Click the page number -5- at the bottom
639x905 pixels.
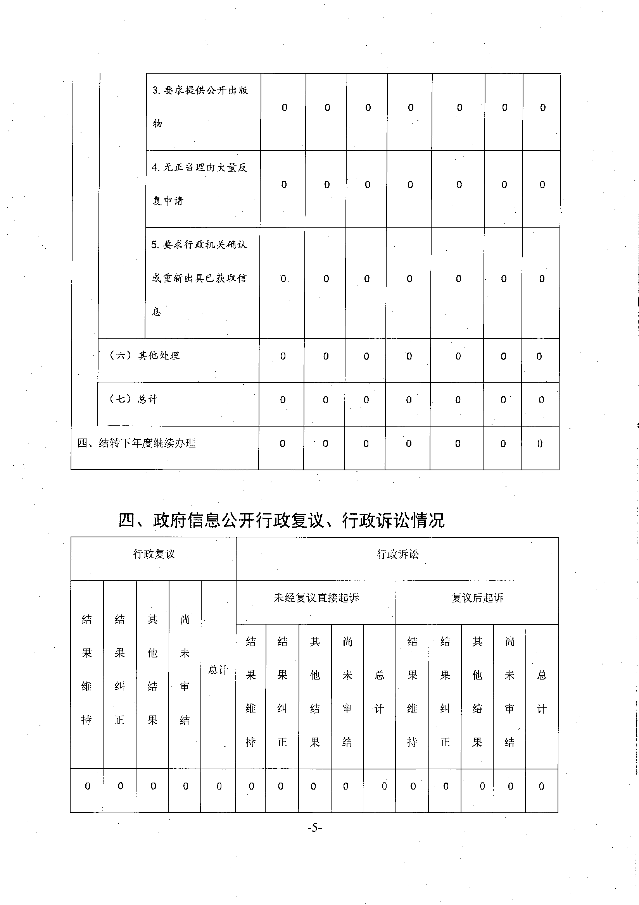click(314, 828)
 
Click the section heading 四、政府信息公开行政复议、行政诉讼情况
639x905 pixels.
click(281, 520)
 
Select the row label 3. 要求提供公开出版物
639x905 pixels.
click(200, 107)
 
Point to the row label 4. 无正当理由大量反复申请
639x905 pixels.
click(199, 184)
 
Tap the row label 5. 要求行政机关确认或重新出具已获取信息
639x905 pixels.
click(199, 278)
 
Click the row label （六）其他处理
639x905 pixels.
click(144, 356)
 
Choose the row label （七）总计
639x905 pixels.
click(133, 399)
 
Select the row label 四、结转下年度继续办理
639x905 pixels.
click(136, 443)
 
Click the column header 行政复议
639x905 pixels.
click(154, 554)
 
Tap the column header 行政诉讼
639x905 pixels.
click(397, 554)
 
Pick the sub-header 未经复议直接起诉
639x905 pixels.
click(316, 598)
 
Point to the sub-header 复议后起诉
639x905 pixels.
click(477, 598)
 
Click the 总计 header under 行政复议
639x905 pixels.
click(218, 670)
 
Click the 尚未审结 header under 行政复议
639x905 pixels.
click(185, 670)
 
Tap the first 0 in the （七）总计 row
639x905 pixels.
click(283, 400)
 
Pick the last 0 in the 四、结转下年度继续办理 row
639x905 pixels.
click(540, 444)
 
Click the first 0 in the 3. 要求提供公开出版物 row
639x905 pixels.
click(284, 108)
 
